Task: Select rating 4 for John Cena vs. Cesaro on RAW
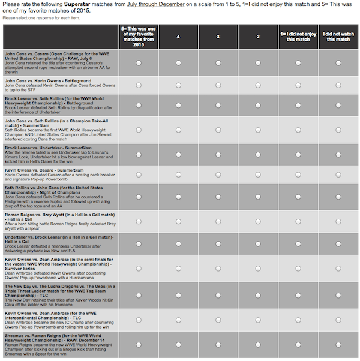pyautogui.click(x=178, y=62)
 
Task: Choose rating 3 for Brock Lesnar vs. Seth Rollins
pyautogui.click(x=218, y=105)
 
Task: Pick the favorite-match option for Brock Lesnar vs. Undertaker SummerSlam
pyautogui.click(x=139, y=155)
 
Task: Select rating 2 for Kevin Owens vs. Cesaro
pyautogui.click(x=257, y=175)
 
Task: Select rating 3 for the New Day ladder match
pyautogui.click(x=218, y=296)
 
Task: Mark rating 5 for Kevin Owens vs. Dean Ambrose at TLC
pyautogui.click(x=139, y=320)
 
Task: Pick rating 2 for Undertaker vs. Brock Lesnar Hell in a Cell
pyautogui.click(x=257, y=244)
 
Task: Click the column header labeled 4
pyautogui.click(x=178, y=37)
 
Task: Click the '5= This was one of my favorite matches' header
pyautogui.click(x=139, y=37)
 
